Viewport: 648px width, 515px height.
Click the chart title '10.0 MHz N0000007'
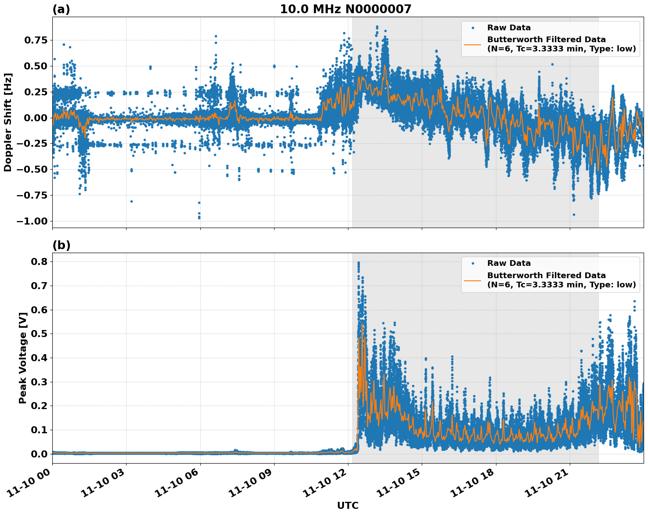[x=345, y=9]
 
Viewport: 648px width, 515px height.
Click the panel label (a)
[x=61, y=9]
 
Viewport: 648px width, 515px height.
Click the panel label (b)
[x=61, y=245]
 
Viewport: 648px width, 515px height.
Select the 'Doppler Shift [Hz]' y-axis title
[x=8, y=122]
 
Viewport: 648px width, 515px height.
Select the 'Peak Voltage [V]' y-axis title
[x=23, y=358]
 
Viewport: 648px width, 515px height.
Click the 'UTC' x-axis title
[x=348, y=505]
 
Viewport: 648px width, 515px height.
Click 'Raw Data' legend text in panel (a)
[x=509, y=28]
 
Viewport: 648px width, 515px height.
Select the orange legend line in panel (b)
[x=473, y=280]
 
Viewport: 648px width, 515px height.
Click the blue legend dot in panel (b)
[x=473, y=263]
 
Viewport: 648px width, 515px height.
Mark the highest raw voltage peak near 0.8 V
[x=358, y=263]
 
